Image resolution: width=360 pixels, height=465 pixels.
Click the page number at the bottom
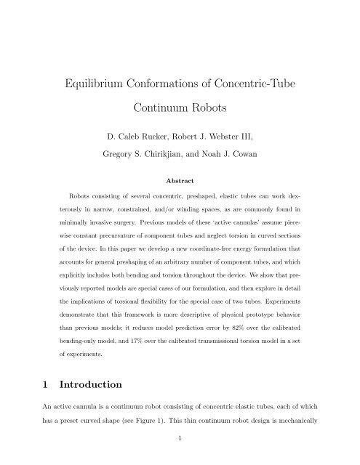click(x=179, y=449)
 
